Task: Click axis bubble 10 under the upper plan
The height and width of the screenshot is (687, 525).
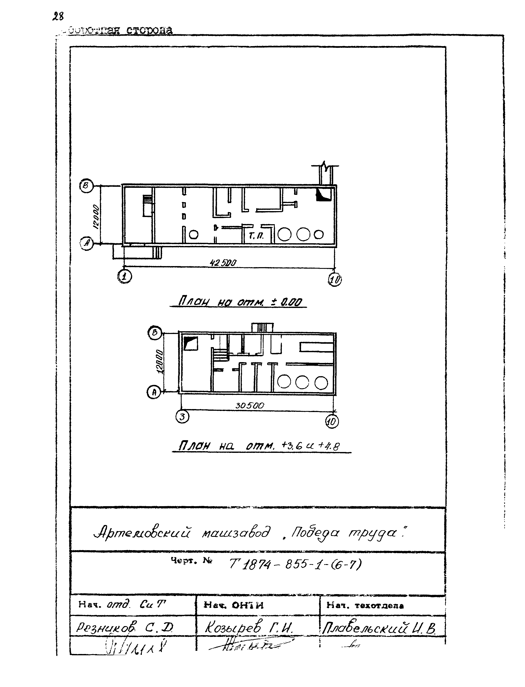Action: pos(335,280)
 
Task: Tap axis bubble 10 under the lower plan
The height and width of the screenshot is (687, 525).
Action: pos(332,422)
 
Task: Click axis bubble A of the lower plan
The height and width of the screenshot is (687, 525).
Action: pos(153,392)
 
